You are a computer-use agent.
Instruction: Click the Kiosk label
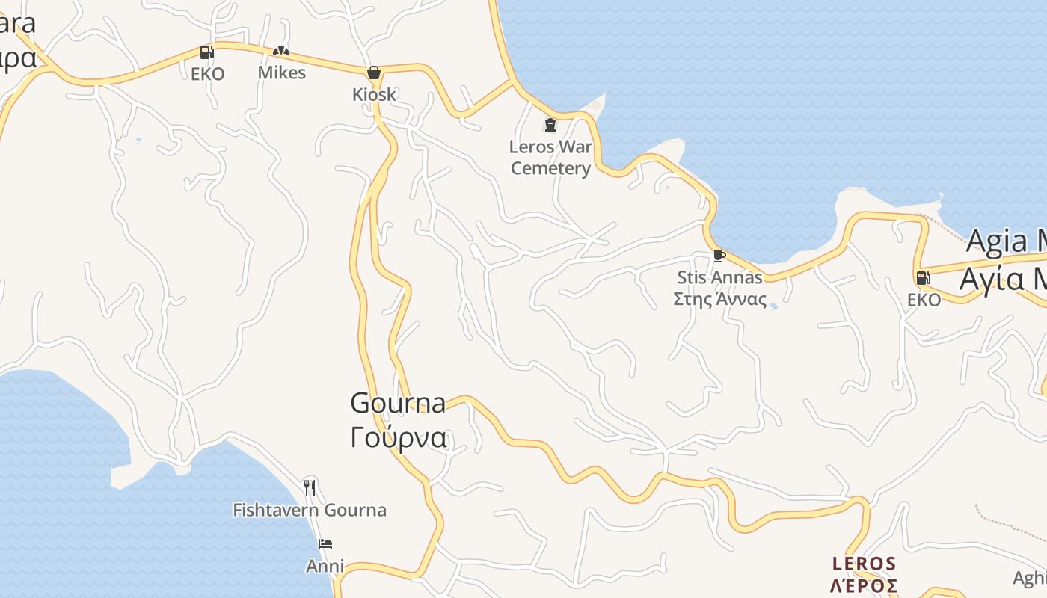pyautogui.click(x=374, y=95)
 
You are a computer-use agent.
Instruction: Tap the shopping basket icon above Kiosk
pyautogui.click(x=374, y=73)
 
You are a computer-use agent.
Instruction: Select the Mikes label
pyautogui.click(x=282, y=73)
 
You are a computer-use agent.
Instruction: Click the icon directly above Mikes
pyautogui.click(x=281, y=51)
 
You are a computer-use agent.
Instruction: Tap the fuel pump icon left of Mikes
pyautogui.click(x=206, y=52)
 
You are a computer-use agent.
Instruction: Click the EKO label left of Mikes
pyautogui.click(x=207, y=74)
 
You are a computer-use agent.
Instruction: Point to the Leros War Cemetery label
pyautogui.click(x=550, y=158)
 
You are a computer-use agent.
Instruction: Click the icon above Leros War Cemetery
pyautogui.click(x=550, y=124)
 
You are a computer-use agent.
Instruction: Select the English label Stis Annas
pyautogui.click(x=719, y=277)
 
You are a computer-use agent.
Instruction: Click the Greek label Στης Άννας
pyautogui.click(x=719, y=300)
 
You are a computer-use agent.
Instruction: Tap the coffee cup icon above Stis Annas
pyautogui.click(x=719, y=256)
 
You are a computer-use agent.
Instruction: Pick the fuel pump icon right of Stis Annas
pyautogui.click(x=923, y=278)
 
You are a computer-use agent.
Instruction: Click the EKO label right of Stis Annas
pyautogui.click(x=924, y=300)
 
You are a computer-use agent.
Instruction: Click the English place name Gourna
pyautogui.click(x=398, y=403)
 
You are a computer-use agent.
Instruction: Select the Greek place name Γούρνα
pyautogui.click(x=399, y=437)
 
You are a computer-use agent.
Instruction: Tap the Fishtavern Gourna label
pyautogui.click(x=310, y=511)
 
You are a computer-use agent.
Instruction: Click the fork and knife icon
pyautogui.click(x=310, y=488)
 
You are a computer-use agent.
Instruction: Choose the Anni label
pyautogui.click(x=325, y=566)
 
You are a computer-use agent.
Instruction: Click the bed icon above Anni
pyautogui.click(x=325, y=544)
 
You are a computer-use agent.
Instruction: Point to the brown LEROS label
pyautogui.click(x=865, y=563)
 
